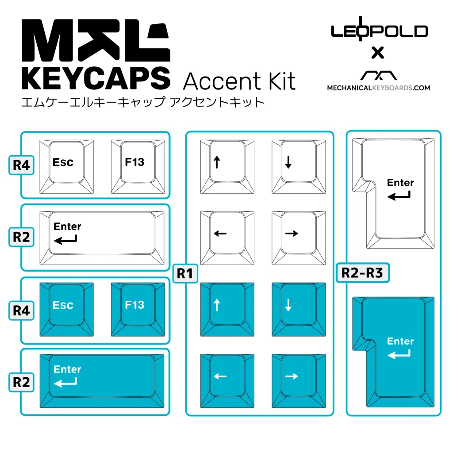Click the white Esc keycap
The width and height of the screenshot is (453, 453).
click(66, 166)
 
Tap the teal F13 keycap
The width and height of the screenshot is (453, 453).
click(138, 308)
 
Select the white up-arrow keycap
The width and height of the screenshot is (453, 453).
click(227, 165)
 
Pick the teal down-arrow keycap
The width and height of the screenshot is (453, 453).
click(299, 308)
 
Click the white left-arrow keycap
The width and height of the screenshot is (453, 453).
click(227, 238)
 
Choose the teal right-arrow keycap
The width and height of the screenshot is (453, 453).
click(299, 380)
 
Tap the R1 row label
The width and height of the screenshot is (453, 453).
click(185, 273)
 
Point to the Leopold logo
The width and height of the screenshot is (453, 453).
click(379, 31)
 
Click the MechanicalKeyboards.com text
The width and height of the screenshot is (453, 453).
click(378, 88)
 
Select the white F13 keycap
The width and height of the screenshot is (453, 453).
click(138, 166)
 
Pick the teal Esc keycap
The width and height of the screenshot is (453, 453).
click(66, 308)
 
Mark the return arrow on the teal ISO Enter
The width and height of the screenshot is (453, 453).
click(399, 353)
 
